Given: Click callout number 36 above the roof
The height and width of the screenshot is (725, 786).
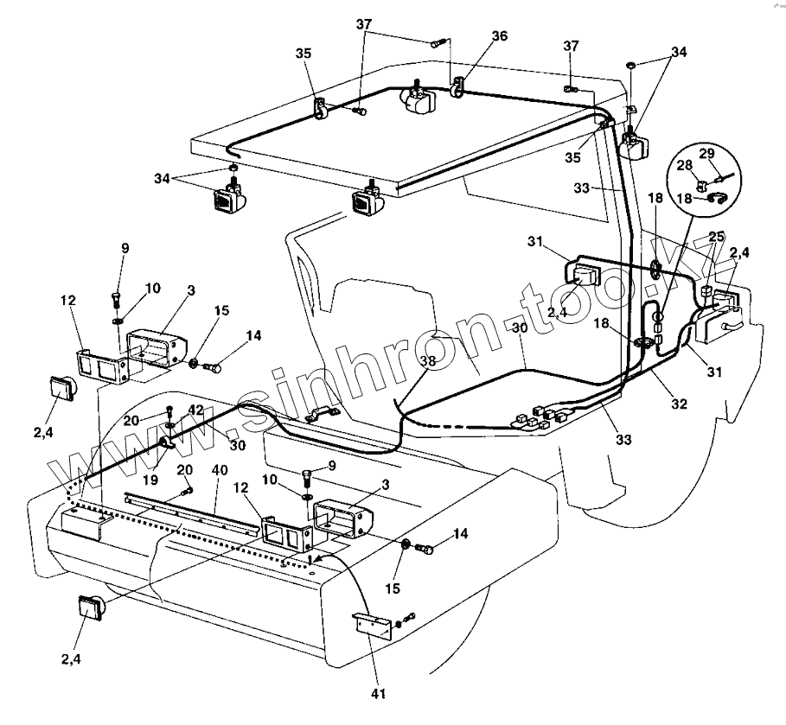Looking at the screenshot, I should pyautogui.click(x=500, y=36).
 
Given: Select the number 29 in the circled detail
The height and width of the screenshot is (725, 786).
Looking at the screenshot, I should pyautogui.click(x=706, y=154).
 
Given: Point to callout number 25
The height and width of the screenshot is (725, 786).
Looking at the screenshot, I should pyautogui.click(x=717, y=235).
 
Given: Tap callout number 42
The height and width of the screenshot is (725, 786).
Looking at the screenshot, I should pyautogui.click(x=197, y=410).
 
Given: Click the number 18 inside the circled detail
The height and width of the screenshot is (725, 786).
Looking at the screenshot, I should pyautogui.click(x=683, y=198).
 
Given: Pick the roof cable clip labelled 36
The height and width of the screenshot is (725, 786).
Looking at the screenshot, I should pyautogui.click(x=457, y=86).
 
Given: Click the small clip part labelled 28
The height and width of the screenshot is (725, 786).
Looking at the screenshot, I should pyautogui.click(x=702, y=183).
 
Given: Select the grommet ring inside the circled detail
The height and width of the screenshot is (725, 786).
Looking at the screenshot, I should pyautogui.click(x=714, y=197).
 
